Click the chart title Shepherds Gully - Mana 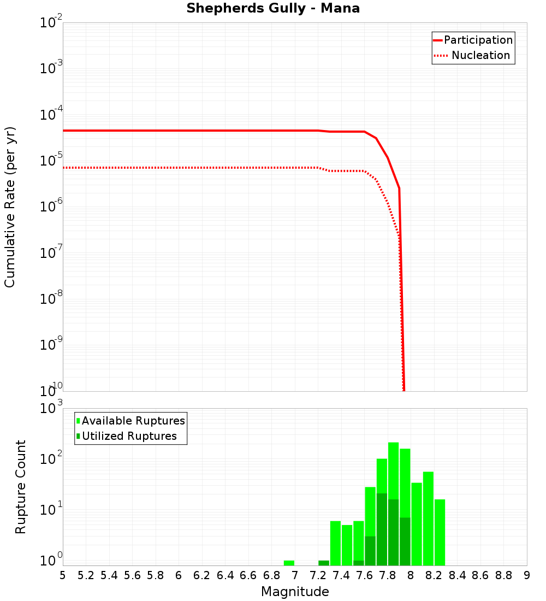click(x=273, y=9)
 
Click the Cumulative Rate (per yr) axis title click(x=10, y=207)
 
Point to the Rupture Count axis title click(x=21, y=486)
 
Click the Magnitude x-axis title click(x=295, y=591)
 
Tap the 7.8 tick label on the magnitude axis click(x=387, y=575)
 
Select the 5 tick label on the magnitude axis click(x=63, y=575)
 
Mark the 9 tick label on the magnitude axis click(x=527, y=575)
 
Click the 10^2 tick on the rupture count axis click(x=52, y=459)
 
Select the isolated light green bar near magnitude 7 click(x=289, y=563)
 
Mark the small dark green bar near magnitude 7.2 click(x=324, y=563)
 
